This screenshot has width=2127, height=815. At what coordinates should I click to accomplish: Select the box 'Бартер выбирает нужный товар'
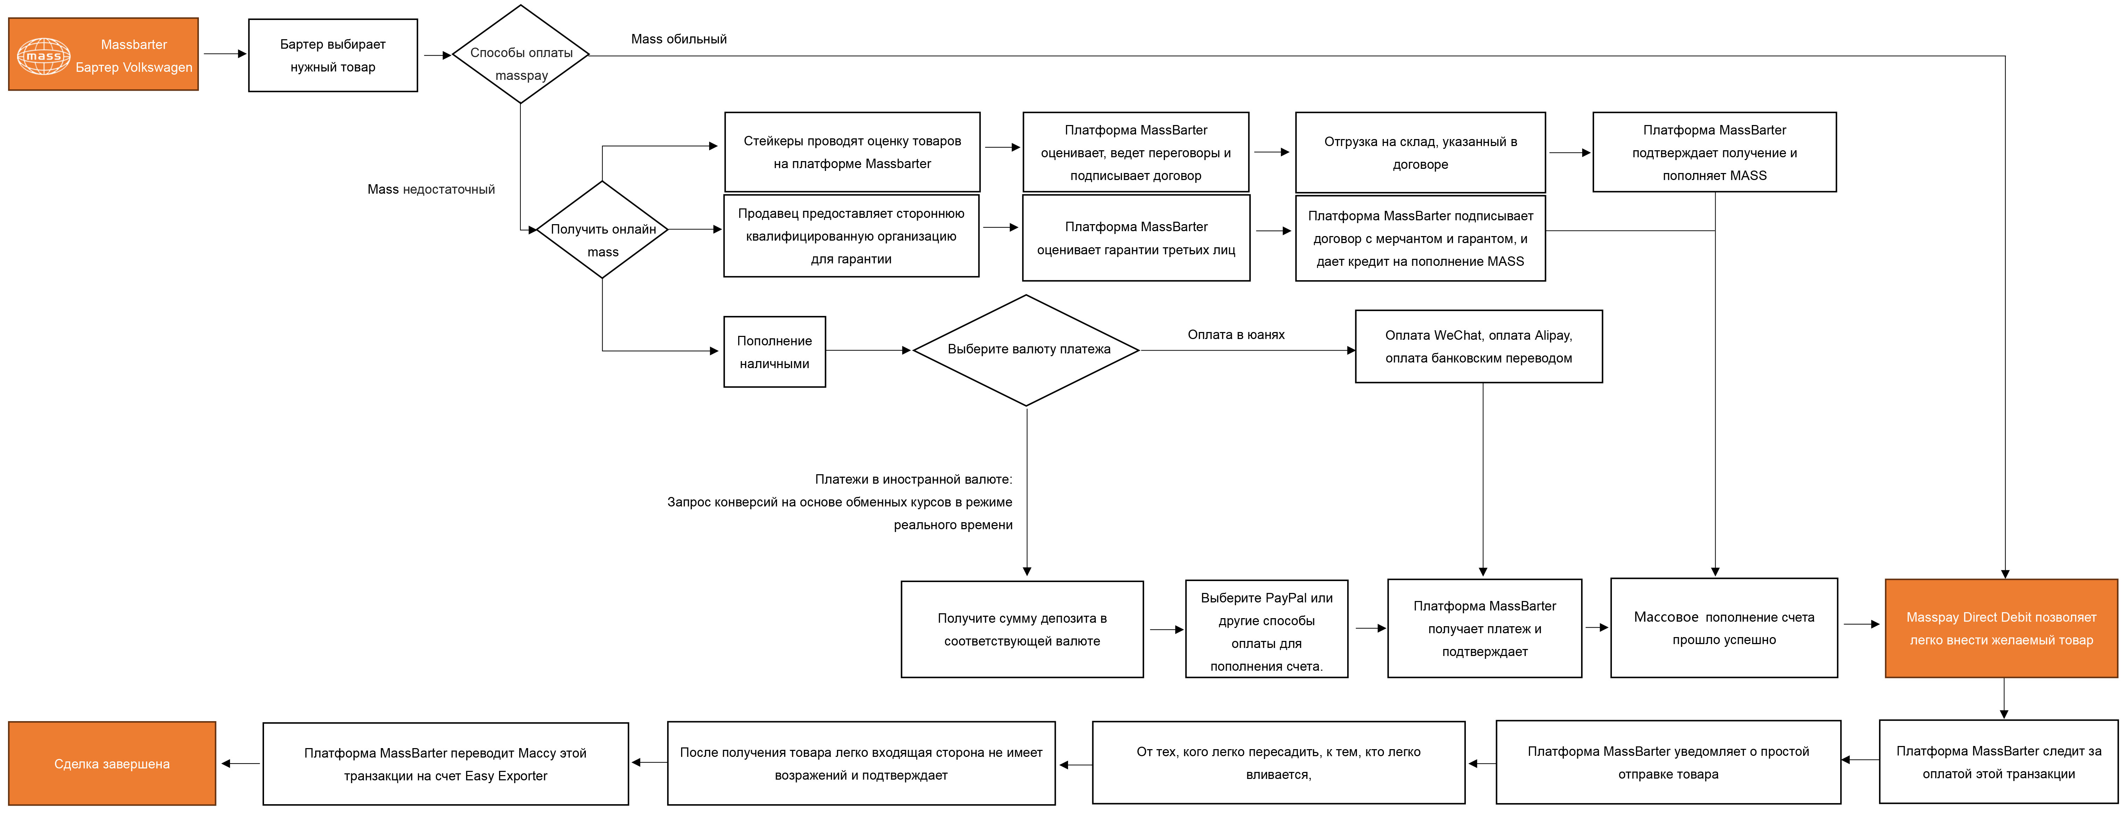point(333,55)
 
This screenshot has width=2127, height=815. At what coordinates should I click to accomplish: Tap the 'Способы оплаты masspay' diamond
point(521,55)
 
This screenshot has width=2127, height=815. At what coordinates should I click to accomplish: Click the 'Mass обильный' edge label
point(679,39)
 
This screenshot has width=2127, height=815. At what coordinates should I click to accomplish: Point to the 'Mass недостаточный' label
point(431,189)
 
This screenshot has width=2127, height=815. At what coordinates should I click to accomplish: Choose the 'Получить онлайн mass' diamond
point(603,229)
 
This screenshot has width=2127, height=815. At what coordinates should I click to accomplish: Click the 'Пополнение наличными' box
point(775,352)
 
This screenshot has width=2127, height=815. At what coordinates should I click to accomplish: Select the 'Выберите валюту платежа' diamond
point(1026,350)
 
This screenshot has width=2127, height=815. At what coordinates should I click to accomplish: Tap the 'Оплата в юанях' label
point(1236,334)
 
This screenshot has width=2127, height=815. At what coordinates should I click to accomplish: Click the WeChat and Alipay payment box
point(1479,347)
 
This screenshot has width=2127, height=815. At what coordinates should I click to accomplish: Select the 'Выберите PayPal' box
point(1267,629)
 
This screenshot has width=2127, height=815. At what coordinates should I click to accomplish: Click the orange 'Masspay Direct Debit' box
point(2002,628)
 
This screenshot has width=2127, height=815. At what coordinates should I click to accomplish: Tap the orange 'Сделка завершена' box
point(112,764)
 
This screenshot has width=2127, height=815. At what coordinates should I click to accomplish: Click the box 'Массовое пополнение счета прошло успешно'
point(1724,628)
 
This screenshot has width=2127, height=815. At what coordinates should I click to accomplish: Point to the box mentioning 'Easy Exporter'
point(446,764)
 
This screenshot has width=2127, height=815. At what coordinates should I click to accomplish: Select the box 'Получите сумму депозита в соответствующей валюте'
point(1022,629)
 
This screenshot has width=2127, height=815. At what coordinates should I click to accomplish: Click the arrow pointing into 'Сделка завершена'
point(240,764)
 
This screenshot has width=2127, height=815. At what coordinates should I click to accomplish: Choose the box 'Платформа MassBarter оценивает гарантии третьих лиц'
point(1136,238)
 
